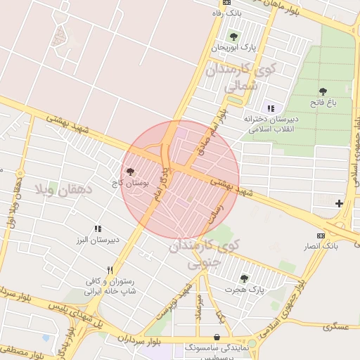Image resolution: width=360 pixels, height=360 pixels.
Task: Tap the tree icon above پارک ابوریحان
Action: [233, 37]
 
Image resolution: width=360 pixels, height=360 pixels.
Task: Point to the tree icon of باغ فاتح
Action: [323, 91]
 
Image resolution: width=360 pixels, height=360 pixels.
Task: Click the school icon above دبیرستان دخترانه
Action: [271, 108]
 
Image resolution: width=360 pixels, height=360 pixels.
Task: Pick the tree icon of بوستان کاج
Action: [130, 170]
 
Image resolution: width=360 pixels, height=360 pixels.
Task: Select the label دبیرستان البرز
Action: [97, 240]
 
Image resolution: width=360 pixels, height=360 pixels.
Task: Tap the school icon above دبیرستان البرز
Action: [98, 229]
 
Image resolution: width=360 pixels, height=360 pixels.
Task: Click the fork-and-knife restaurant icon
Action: [110, 270]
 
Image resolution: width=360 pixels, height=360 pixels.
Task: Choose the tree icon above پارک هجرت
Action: [244, 278]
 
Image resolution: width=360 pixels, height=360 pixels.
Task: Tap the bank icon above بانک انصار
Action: [321, 236]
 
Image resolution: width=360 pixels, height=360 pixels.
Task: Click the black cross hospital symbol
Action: [340, 203]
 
